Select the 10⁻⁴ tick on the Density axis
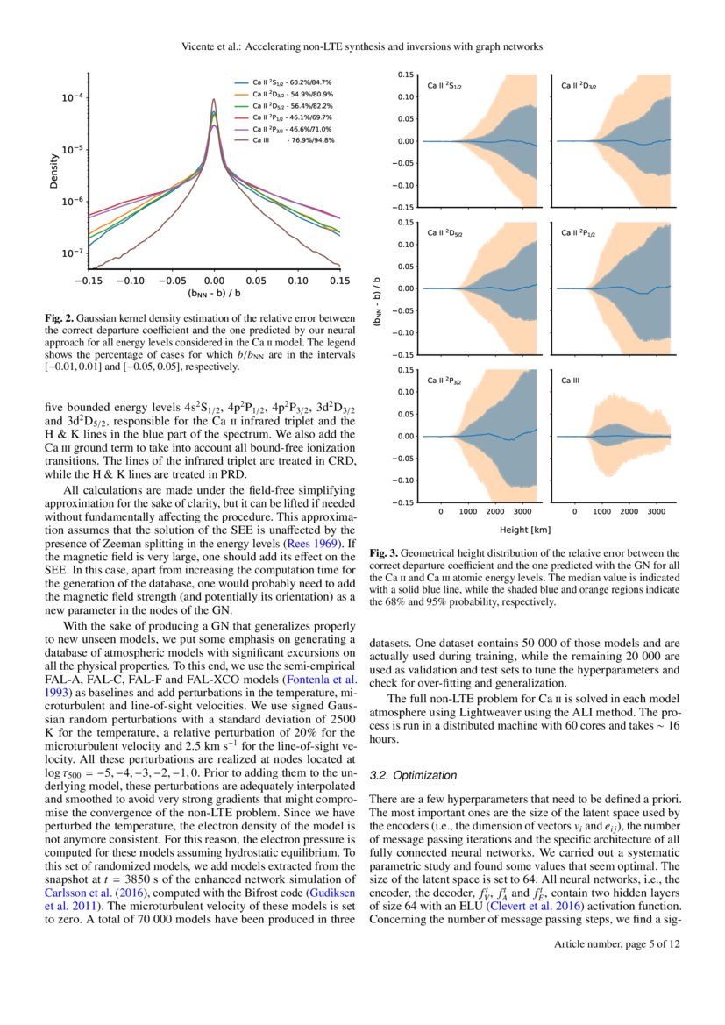[72, 98]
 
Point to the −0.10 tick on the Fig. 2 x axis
[131, 281]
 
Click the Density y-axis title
[54, 172]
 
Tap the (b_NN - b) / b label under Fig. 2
[214, 295]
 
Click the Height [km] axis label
[526, 530]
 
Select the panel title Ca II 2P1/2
[583, 234]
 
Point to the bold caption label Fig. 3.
[383, 553]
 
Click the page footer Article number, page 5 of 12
[617, 943]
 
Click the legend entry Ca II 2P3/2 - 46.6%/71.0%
[293, 128]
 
